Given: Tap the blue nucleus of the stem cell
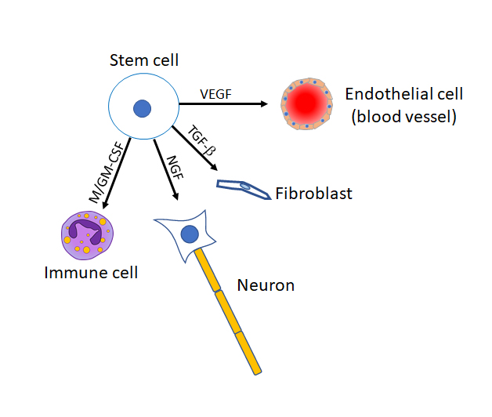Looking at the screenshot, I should point(142,110).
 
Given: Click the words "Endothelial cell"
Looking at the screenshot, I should point(404,95).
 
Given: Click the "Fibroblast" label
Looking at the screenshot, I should point(314,193).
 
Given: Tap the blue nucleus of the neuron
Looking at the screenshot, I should point(189,233).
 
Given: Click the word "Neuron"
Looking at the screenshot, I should point(266,285).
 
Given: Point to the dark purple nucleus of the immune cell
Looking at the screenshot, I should point(85,232).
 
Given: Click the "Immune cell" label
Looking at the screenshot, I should point(91,273).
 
